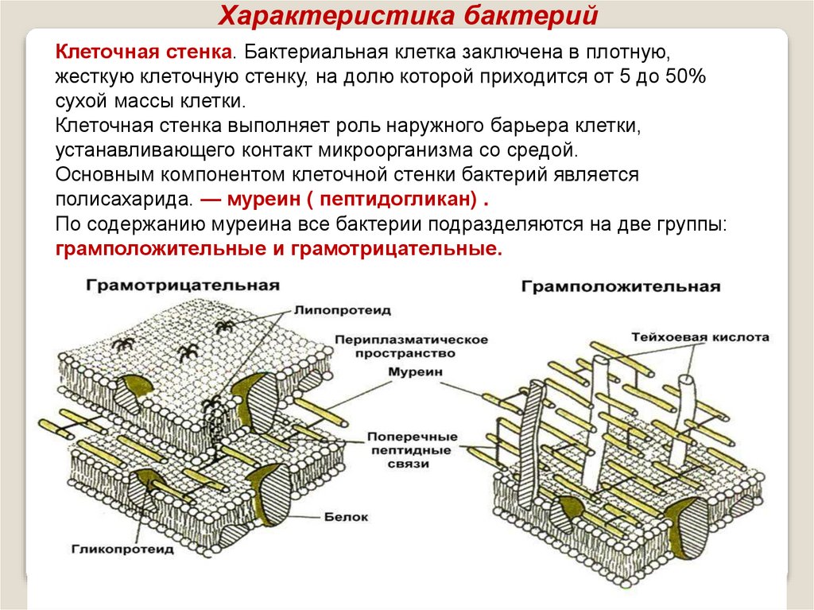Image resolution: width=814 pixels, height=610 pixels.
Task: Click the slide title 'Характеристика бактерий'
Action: tap(407, 15)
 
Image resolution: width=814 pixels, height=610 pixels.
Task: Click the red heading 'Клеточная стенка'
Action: tap(144, 52)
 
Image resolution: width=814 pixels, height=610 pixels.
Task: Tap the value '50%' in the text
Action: tap(682, 77)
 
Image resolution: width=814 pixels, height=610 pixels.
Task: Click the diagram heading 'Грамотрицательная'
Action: tap(183, 286)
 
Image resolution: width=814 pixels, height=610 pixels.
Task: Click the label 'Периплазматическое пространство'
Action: tap(411, 346)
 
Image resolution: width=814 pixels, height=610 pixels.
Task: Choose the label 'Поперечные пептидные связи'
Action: tap(412, 449)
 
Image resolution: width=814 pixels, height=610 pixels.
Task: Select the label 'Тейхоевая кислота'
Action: tap(700, 337)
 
